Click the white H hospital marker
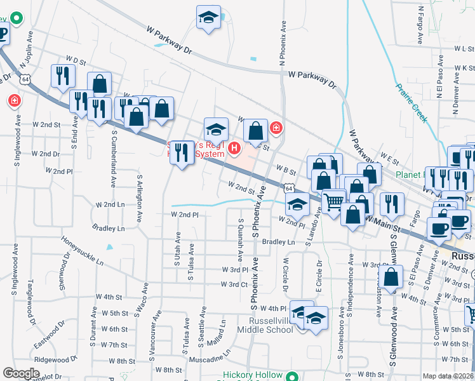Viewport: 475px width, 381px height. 234,149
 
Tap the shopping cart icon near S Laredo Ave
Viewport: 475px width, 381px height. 334,202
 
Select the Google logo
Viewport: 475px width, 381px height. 21,373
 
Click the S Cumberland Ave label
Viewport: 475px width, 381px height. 114,152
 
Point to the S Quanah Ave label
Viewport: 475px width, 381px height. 241,240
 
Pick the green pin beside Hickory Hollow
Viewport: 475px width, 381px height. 291,376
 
